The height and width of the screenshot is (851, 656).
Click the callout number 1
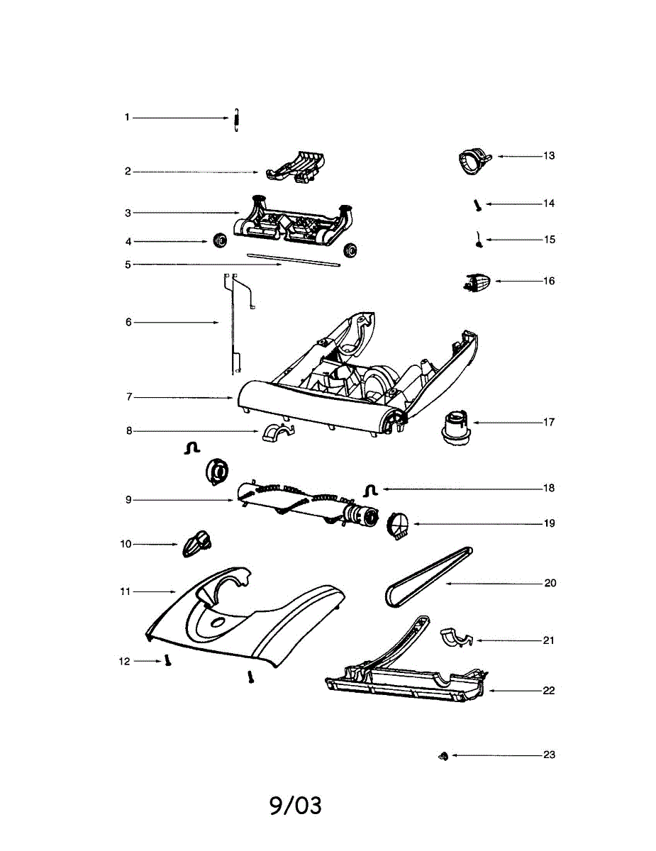pos(128,118)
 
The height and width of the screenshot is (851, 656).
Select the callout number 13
pos(549,156)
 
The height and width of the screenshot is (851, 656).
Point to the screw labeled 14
pos(477,205)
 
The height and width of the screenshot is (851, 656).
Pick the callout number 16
pos(549,281)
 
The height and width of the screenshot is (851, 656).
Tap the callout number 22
pos(549,691)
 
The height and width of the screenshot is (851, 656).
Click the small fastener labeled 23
pos(442,757)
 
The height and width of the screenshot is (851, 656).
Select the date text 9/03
pos(296,806)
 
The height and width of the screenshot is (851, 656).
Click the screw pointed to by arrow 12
pos(168,660)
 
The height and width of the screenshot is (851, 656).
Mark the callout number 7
pos(129,397)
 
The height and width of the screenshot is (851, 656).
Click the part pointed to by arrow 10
pos(198,544)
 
